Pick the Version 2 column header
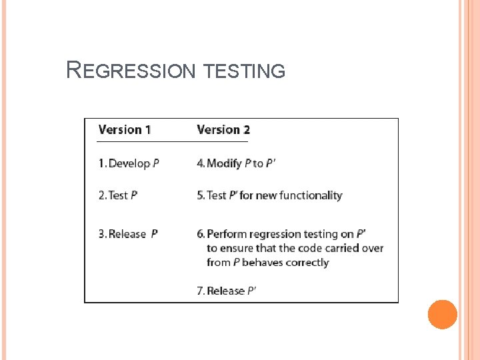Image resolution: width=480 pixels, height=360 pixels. coord(223,129)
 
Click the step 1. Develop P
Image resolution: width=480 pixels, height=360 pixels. coord(129,163)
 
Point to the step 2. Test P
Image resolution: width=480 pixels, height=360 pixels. coord(118,195)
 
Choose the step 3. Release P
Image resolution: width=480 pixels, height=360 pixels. coord(128,234)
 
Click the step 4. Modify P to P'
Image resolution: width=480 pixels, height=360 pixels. coord(236,163)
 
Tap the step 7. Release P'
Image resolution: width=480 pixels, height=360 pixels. coord(227,291)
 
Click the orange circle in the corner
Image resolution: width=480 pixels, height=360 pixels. coord(443,315)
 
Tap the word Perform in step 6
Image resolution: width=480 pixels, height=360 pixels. coord(226,234)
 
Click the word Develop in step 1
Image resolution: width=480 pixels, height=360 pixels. coord(129,163)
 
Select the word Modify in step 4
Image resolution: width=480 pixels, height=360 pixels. coord(224,163)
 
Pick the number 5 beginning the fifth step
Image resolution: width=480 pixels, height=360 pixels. coord(200,195)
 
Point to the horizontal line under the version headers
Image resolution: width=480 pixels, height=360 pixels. coord(172,142)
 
